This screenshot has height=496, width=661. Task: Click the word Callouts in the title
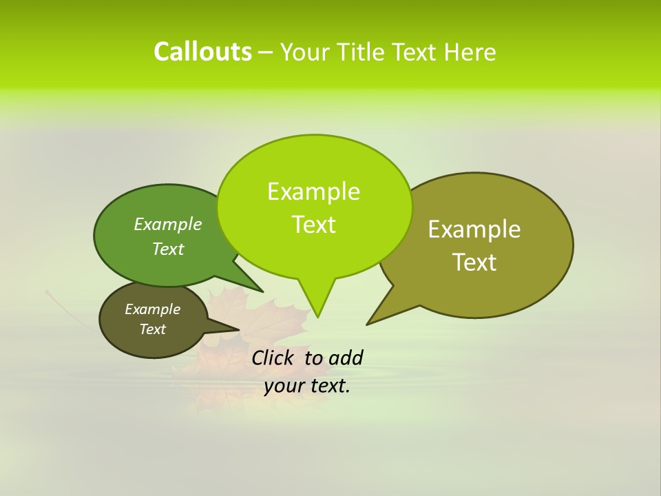[202, 52]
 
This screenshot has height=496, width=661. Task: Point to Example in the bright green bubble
[313, 192]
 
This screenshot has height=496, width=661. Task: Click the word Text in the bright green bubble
[313, 225]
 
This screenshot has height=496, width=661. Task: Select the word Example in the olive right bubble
[474, 229]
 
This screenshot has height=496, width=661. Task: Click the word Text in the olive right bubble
[474, 262]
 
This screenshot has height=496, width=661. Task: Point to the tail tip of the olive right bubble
[372, 320]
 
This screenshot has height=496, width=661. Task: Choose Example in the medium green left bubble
[167, 225]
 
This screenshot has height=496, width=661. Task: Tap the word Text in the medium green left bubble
[167, 249]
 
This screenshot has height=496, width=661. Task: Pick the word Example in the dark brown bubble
[152, 309]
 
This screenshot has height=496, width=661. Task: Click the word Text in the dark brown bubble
[152, 329]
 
